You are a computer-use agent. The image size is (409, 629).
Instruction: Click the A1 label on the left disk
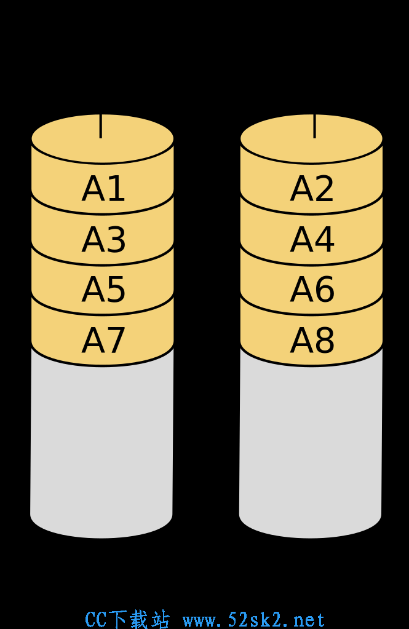pyautogui.click(x=103, y=189)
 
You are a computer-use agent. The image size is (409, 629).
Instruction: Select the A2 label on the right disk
pyautogui.click(x=312, y=189)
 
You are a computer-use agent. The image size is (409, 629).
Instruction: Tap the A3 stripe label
pyautogui.click(x=103, y=239)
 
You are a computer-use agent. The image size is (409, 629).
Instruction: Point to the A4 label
pyautogui.click(x=312, y=239)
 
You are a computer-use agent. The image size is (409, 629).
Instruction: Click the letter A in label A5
pyautogui.click(x=93, y=289)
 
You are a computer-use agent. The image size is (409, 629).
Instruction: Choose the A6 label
pyautogui.click(x=312, y=289)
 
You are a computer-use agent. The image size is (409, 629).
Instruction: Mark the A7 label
pyautogui.click(x=103, y=340)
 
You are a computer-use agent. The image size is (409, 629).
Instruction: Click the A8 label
pyautogui.click(x=312, y=340)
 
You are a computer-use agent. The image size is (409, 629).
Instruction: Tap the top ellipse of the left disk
pyautogui.click(x=102, y=139)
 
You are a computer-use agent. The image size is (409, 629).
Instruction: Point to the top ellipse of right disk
pyautogui.click(x=311, y=139)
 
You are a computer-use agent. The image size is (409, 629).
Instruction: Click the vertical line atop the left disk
pyautogui.click(x=100, y=126)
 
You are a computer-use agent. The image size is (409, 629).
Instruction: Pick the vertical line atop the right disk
pyautogui.click(x=315, y=126)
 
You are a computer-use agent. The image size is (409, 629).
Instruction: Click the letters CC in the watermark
pyautogui.click(x=96, y=620)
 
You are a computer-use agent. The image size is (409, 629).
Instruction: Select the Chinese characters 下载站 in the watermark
pyautogui.click(x=139, y=620)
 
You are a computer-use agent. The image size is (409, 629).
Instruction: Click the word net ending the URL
pyautogui.click(x=309, y=620)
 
